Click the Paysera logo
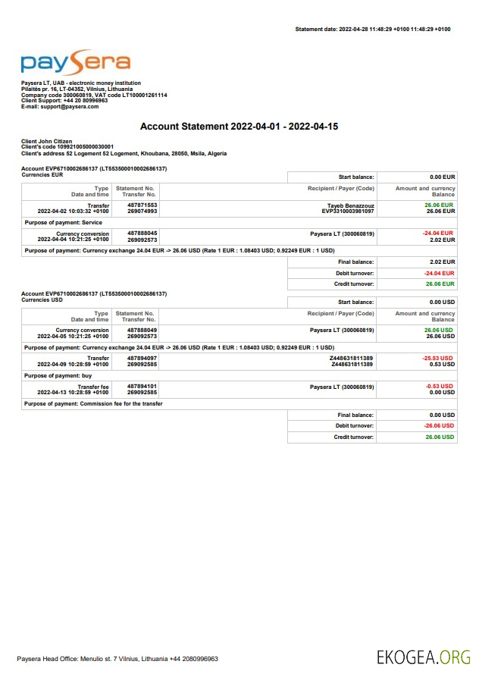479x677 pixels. pos(75,64)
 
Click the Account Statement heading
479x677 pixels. pos(239,126)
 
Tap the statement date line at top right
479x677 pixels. pos(373,29)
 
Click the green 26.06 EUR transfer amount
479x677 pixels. pos(440,205)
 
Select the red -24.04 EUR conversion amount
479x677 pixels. pos(439,233)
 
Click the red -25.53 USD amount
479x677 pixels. pos(439,358)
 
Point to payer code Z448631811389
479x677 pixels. pos(352,358)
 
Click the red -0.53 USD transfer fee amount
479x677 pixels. pos(440,387)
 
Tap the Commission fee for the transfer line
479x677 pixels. pos(94,403)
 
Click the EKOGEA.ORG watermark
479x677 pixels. pos(424,657)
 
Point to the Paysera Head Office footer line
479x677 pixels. pos(118,659)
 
